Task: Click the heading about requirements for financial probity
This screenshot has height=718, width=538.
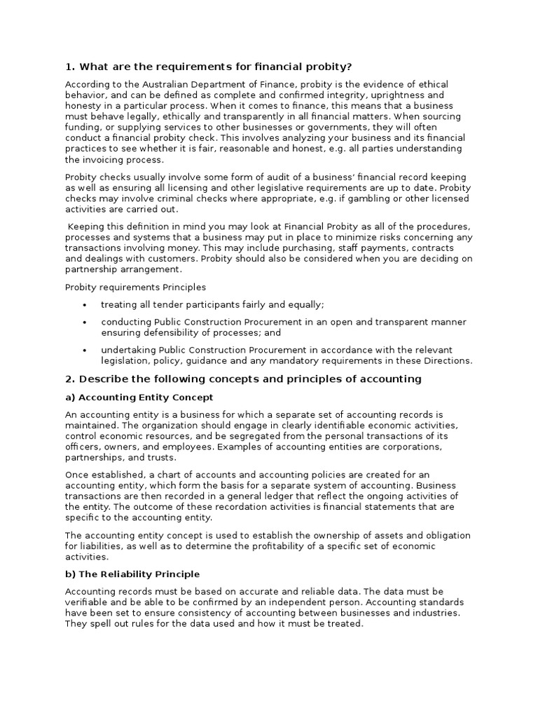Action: tap(208, 67)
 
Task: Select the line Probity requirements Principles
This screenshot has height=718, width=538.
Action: tap(136, 287)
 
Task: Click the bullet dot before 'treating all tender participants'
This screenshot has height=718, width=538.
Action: tap(85, 305)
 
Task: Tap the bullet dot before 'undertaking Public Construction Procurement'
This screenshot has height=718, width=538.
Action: tap(85, 350)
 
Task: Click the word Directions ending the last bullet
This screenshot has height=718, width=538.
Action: tap(448, 361)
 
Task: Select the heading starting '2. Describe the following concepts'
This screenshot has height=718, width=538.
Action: tap(243, 379)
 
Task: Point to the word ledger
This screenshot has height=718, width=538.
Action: tap(251, 496)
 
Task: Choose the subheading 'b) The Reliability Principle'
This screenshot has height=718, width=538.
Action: tap(132, 574)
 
